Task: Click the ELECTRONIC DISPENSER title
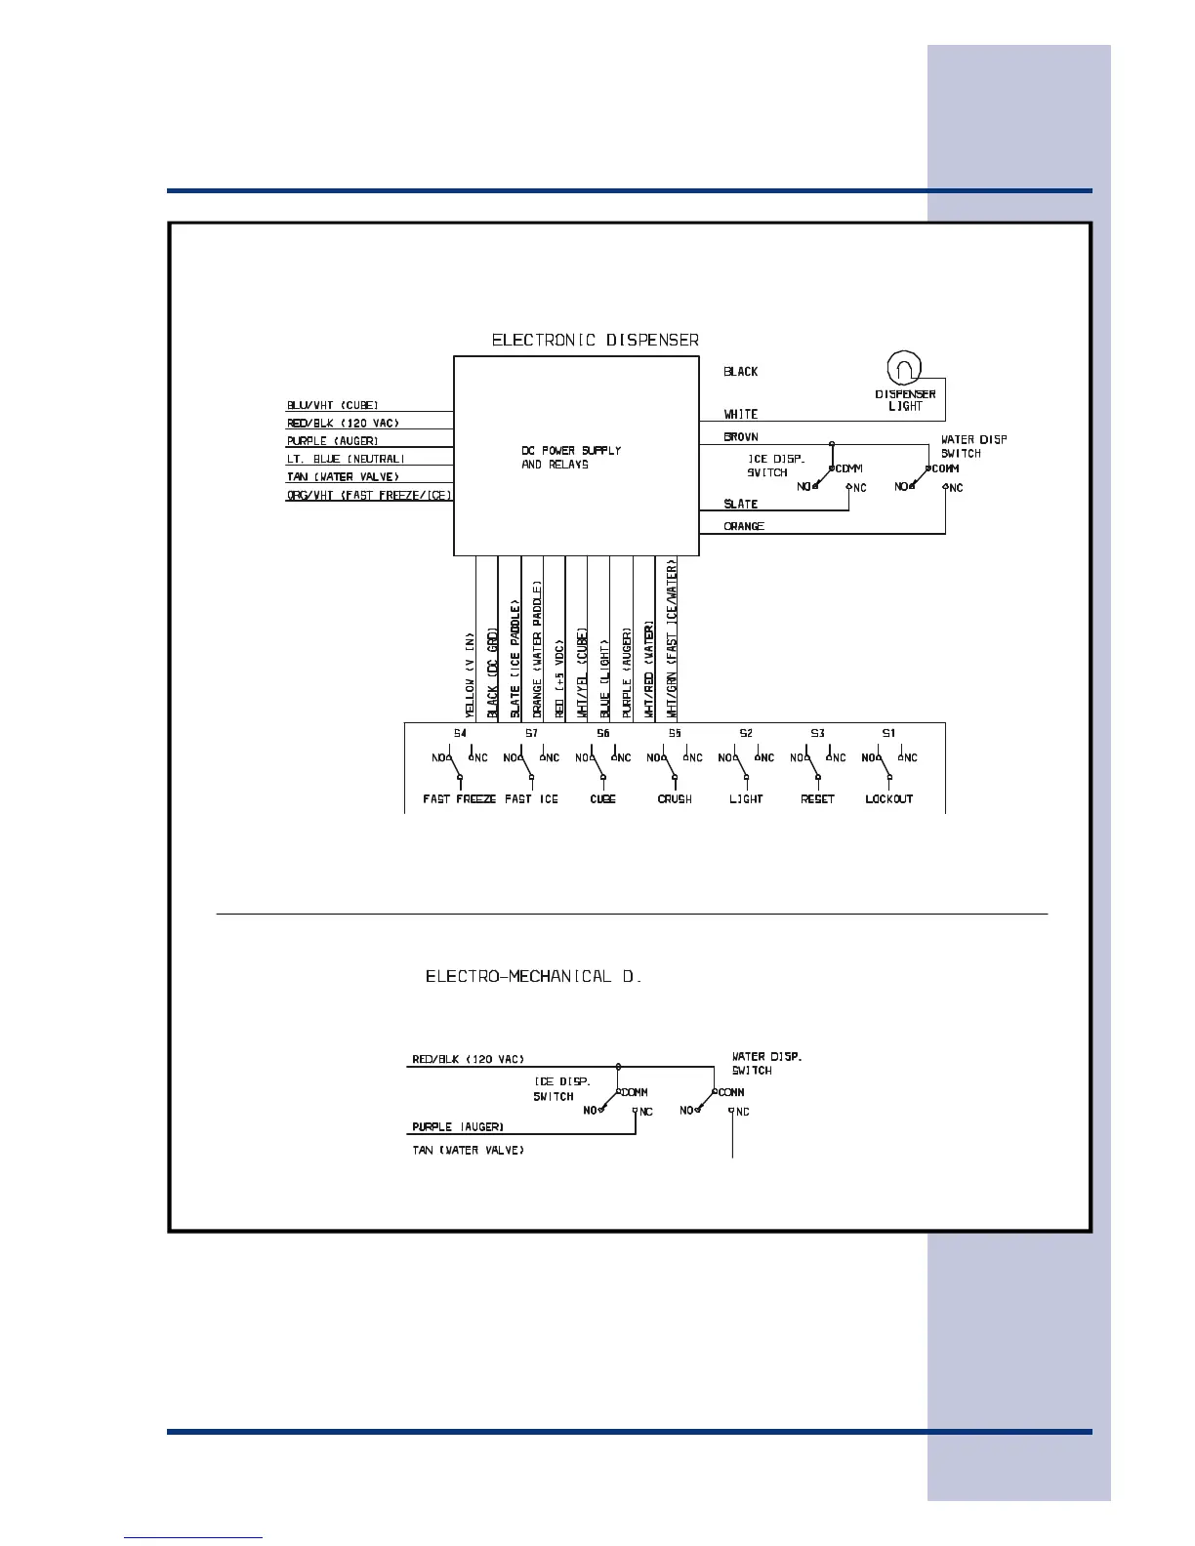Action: pyautogui.click(x=595, y=341)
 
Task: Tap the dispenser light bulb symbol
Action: pyautogui.click(x=903, y=368)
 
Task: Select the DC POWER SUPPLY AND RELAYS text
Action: pyautogui.click(x=571, y=458)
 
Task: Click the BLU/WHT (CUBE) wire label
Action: pyautogui.click(x=332, y=405)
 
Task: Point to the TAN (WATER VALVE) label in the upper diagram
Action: pyautogui.click(x=343, y=477)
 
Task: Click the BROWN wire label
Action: pyautogui.click(x=741, y=437)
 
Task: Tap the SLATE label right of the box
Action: pyautogui.click(x=740, y=505)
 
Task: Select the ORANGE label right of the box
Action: pyautogui.click(x=744, y=527)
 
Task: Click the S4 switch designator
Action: pyautogui.click(x=460, y=733)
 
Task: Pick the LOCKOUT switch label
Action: pyautogui.click(x=888, y=799)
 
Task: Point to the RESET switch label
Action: pyautogui.click(x=817, y=799)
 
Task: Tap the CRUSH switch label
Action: pyautogui.click(x=675, y=799)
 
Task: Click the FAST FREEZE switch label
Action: pyautogui.click(x=460, y=799)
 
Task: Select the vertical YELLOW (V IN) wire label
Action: pyautogui.click(x=470, y=674)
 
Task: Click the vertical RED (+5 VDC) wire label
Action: pyautogui.click(x=559, y=679)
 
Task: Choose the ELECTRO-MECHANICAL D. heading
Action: pyautogui.click(x=533, y=977)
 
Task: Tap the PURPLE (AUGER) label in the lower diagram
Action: pyautogui.click(x=458, y=1127)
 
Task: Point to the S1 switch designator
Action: pyautogui.click(x=888, y=733)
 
